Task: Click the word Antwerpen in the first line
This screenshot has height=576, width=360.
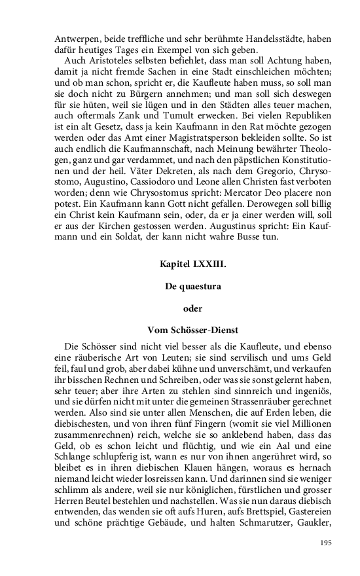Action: pyautogui.click(x=75, y=39)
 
